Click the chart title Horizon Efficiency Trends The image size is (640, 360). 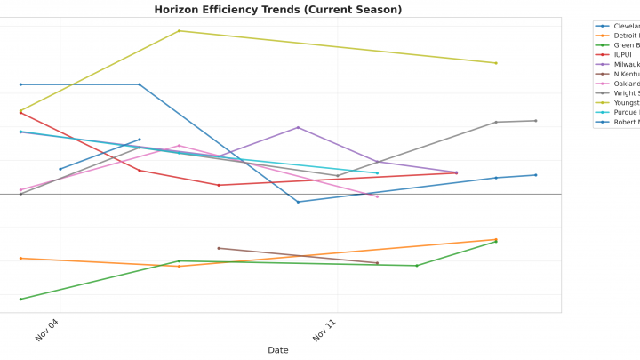click(277, 10)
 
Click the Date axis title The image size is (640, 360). click(277, 350)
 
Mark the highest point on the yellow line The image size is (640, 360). click(179, 31)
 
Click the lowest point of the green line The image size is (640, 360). click(20, 300)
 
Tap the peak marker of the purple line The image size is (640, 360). click(298, 127)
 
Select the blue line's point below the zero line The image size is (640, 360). click(298, 202)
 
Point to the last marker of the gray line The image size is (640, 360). click(535, 121)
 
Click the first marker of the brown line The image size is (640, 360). click(219, 248)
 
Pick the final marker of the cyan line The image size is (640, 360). click(377, 173)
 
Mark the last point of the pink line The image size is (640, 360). click(377, 196)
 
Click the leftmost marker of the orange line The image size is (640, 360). click(20, 259)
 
